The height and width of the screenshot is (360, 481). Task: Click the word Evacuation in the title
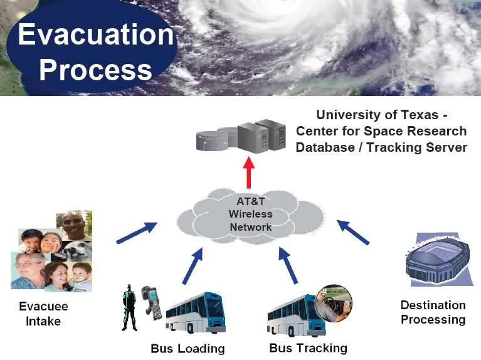(x=96, y=34)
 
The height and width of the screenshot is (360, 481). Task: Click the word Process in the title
(x=96, y=70)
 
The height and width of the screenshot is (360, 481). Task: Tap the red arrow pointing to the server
(x=249, y=172)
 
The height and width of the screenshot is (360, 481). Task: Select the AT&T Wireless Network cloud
(x=250, y=216)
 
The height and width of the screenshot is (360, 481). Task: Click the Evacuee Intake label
(x=43, y=314)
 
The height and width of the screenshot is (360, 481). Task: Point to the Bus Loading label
(x=188, y=349)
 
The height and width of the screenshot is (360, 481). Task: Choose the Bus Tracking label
(x=308, y=348)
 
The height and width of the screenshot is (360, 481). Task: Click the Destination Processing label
(x=433, y=312)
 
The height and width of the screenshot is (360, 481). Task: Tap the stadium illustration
(x=438, y=260)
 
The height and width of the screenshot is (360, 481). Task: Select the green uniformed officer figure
(x=129, y=308)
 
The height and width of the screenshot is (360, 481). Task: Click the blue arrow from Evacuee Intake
(x=137, y=233)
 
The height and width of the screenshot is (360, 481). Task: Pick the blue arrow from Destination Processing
(x=353, y=232)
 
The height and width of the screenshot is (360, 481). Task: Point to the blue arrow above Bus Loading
(x=193, y=266)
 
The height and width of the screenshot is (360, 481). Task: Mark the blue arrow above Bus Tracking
(x=288, y=265)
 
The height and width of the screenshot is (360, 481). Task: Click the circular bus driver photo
(x=334, y=303)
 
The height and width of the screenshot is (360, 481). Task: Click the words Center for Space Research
(x=381, y=131)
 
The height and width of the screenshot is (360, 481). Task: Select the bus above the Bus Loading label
(x=196, y=312)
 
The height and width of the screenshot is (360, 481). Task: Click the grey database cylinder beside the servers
(x=212, y=141)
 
